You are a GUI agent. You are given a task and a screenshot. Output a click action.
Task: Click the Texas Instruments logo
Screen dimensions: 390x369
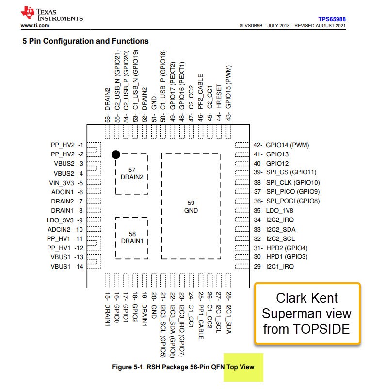[51, 15]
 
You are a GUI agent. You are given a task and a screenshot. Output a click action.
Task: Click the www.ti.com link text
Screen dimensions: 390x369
[35, 25]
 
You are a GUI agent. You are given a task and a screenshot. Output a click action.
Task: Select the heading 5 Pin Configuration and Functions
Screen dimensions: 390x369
[85, 41]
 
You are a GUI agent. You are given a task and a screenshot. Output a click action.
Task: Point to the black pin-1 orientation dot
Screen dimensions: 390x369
[115, 154]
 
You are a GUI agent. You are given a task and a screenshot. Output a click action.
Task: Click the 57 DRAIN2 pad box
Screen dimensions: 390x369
[132, 173]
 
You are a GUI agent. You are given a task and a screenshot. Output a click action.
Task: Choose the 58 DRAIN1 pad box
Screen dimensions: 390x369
[132, 237]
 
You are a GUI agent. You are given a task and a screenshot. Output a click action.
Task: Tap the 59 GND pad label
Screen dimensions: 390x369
[192, 206]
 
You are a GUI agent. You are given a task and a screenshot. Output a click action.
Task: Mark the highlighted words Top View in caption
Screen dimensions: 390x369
[240, 367]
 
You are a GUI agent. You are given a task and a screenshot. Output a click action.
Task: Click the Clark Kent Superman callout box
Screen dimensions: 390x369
[306, 313]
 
